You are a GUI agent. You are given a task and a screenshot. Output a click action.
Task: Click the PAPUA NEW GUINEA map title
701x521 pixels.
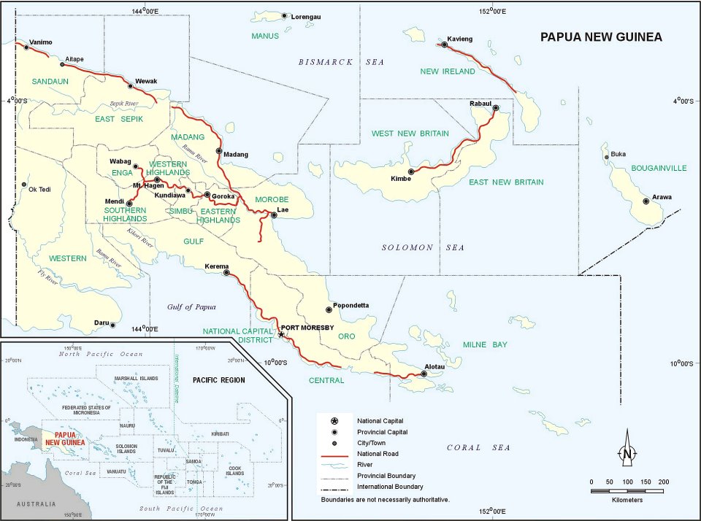[600, 36]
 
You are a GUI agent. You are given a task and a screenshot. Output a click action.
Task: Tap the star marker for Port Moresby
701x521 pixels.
[280, 335]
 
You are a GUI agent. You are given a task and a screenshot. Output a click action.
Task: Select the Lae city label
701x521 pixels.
[283, 209]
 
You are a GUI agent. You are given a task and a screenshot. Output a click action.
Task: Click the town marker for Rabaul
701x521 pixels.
[496, 109]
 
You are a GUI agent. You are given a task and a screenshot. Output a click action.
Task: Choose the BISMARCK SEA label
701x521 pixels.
[341, 63]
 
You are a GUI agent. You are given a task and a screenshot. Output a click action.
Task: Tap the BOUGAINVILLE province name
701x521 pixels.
[659, 168]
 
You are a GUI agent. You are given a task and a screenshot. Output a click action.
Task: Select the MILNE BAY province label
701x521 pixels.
[486, 344]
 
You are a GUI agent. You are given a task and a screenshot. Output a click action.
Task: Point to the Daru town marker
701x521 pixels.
[112, 325]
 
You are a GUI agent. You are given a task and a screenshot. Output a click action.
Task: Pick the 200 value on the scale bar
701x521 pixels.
[663, 482]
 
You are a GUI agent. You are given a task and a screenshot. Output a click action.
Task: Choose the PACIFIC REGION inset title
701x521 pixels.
[219, 380]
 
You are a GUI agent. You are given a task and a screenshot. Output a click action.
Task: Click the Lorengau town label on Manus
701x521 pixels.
[305, 16]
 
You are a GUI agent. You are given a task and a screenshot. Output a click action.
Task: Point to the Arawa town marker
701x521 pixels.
[646, 201]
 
